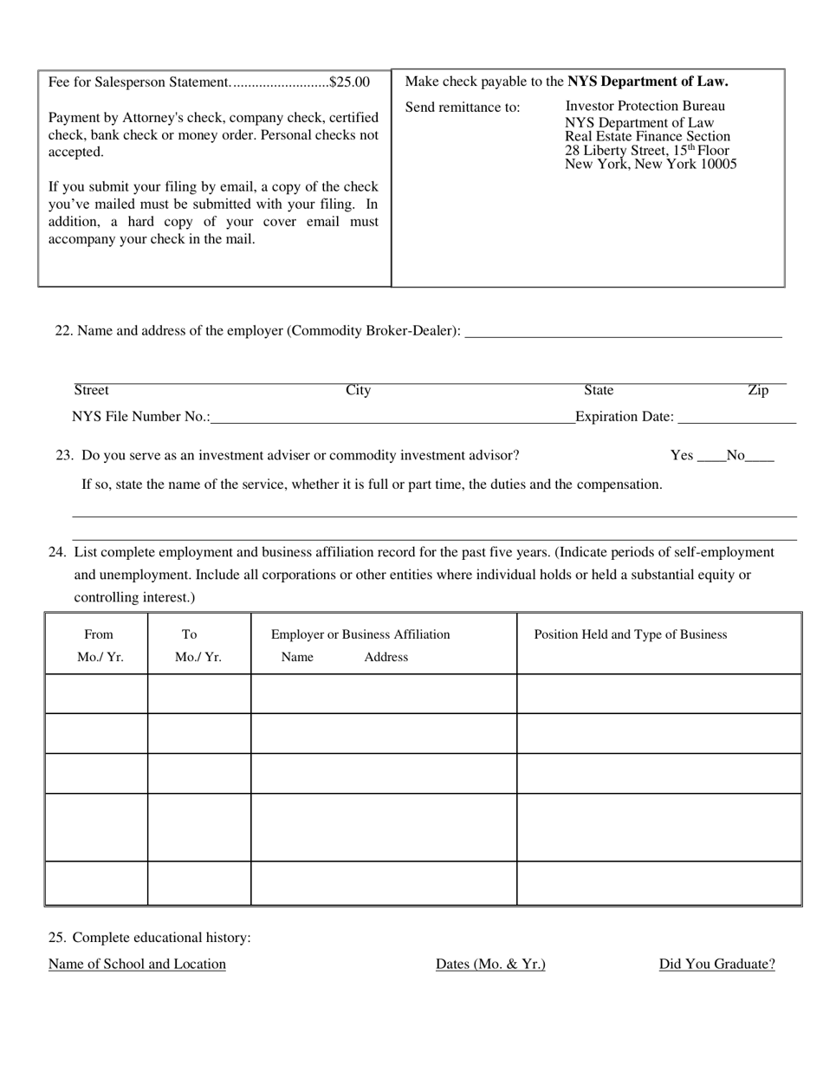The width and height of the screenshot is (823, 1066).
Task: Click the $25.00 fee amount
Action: click(349, 82)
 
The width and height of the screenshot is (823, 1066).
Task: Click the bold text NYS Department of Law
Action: click(647, 81)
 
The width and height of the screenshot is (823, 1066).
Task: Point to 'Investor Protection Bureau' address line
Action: click(645, 106)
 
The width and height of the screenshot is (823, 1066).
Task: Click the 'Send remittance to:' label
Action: click(463, 107)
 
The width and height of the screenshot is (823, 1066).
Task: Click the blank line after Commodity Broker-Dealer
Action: click(623, 331)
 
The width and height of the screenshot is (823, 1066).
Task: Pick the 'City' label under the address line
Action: click(358, 391)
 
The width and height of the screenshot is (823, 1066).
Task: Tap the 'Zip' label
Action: click(758, 391)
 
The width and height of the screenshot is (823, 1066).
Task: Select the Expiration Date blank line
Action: click(736, 418)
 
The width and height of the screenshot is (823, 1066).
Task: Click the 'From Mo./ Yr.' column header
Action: click(100, 646)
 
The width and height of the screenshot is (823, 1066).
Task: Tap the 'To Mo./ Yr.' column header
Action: click(198, 646)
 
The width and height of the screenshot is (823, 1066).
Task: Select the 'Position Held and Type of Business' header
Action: click(630, 634)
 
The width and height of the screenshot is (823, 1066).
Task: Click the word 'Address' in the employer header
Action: click(386, 657)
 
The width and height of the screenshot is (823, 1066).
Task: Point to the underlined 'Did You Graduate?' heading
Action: click(716, 964)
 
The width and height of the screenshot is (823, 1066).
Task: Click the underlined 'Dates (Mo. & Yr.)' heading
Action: click(490, 964)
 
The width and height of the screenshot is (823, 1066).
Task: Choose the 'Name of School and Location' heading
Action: click(137, 964)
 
